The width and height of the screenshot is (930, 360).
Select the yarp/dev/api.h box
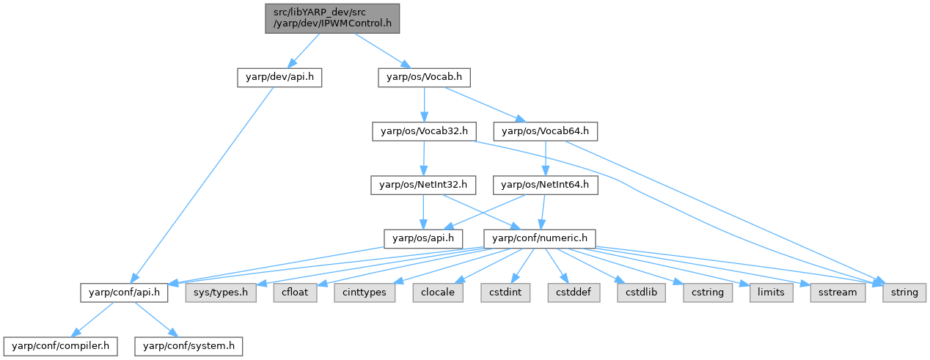279,77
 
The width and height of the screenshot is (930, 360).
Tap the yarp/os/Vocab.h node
424,77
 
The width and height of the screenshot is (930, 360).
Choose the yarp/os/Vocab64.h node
546,132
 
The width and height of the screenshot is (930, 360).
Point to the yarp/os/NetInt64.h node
546,185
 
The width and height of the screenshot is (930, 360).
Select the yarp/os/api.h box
424,238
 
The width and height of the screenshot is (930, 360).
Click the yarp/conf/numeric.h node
539,238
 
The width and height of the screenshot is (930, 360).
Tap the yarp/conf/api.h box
125,292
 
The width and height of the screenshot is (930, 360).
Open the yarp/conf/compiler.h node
59,345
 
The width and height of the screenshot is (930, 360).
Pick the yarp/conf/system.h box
188,345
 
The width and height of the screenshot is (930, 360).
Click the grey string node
904,292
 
